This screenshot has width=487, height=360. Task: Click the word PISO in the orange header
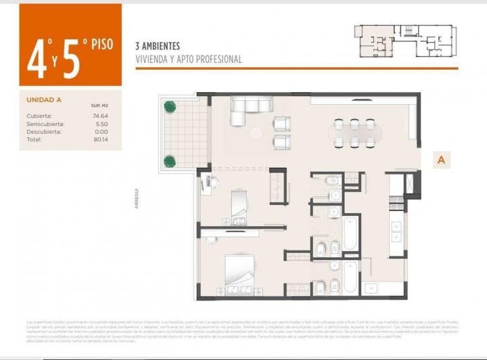point(99,45)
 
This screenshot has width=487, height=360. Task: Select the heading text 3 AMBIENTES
point(158,46)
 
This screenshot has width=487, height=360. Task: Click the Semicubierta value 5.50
point(101,124)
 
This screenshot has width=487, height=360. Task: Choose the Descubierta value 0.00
point(101,132)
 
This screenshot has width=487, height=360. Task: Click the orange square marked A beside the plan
point(441,160)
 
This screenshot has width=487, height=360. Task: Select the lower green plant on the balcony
point(168,161)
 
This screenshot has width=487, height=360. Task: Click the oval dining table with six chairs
point(354,133)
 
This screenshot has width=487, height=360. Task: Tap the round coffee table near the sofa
point(256,133)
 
